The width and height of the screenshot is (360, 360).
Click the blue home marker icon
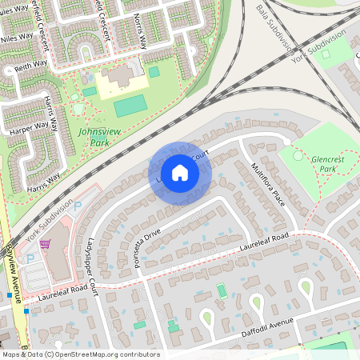tap(180, 173)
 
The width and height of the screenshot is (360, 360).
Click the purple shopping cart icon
tap(46, 243)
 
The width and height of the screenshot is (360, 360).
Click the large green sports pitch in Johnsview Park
tap(130, 106)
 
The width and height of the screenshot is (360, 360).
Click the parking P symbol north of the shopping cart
tap(77, 205)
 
